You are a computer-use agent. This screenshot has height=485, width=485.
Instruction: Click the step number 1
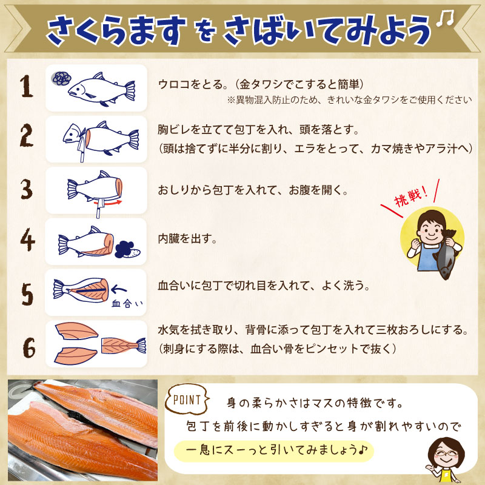click(x=27, y=86)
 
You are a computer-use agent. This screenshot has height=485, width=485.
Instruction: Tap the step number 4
click(x=28, y=239)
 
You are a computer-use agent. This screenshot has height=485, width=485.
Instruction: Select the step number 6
click(x=29, y=347)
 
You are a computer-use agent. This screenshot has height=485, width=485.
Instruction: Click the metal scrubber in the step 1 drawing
click(x=61, y=78)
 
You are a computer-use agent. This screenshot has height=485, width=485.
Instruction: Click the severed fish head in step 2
click(x=72, y=133)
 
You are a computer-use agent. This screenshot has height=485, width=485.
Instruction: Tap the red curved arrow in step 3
click(x=112, y=203)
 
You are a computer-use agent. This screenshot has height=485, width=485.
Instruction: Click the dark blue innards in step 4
click(x=124, y=249)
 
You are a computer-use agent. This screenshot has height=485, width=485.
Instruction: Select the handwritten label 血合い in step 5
click(x=127, y=304)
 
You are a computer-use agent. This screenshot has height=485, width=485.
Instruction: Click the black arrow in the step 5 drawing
click(x=119, y=290)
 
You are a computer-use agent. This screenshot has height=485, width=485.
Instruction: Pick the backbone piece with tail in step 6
click(x=124, y=346)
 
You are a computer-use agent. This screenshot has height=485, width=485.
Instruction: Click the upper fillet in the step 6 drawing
click(x=76, y=330)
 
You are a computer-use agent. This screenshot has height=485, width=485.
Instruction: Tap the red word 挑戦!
click(x=412, y=198)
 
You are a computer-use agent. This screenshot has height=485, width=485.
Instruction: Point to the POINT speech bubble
click(x=187, y=400)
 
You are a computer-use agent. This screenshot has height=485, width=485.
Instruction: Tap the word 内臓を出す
click(x=187, y=239)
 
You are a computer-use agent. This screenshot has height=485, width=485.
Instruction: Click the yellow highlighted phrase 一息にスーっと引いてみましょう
click(x=274, y=450)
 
